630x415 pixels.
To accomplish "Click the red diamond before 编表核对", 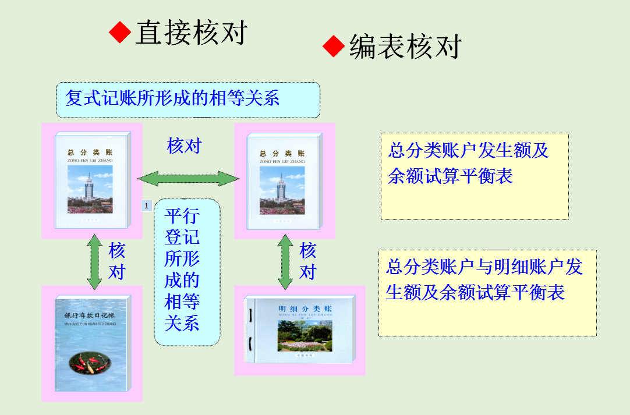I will [x=334, y=46].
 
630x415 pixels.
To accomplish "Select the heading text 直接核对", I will [x=192, y=33].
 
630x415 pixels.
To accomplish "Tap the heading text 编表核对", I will [x=405, y=47].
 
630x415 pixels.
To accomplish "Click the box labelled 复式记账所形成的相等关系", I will [x=188, y=100].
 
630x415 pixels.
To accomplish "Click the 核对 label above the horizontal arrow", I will [x=184, y=146].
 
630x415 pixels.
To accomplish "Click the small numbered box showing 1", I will [x=146, y=205].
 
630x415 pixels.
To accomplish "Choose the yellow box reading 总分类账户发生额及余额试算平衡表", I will [x=475, y=176].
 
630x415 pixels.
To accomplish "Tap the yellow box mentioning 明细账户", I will [x=487, y=293].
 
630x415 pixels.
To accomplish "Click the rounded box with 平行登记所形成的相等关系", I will [x=186, y=272].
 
